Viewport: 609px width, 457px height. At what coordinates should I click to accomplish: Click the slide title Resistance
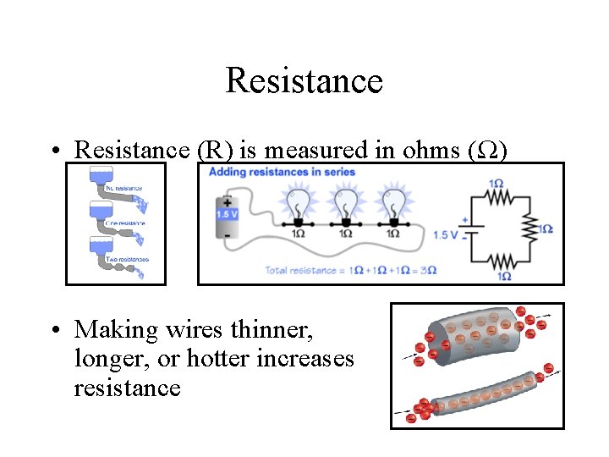pyautogui.click(x=304, y=81)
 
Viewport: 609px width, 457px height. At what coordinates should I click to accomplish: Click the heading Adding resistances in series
pyautogui.click(x=282, y=172)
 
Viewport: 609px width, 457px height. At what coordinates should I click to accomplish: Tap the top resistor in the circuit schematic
pyautogui.click(x=498, y=197)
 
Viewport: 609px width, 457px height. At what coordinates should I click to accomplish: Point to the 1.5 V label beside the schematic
pyautogui.click(x=445, y=234)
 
